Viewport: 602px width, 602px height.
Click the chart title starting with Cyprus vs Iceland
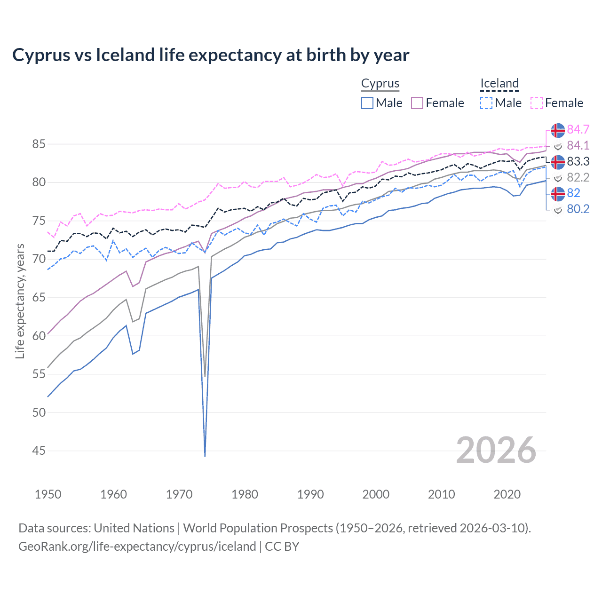(211, 55)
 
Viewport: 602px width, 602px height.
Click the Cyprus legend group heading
(380, 83)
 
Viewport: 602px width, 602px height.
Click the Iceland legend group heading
(499, 83)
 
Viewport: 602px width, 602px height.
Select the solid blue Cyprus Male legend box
(367, 103)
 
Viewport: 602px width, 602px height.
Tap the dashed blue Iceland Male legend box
(487, 103)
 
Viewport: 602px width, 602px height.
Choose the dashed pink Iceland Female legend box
(537, 103)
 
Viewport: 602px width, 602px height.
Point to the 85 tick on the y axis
(39, 144)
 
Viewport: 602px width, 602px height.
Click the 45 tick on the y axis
(39, 451)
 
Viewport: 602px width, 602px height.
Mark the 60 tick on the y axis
(39, 336)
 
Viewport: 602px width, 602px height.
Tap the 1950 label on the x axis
(48, 494)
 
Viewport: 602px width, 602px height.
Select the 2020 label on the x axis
(507, 494)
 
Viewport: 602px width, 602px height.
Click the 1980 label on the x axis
(245, 494)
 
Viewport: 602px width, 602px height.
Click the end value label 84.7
(578, 129)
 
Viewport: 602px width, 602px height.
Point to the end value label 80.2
(578, 209)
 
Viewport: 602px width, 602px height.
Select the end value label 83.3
(578, 161)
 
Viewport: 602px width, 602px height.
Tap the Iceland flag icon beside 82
(558, 193)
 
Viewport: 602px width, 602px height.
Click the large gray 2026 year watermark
(496, 450)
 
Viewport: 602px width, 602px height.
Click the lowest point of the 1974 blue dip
(205, 456)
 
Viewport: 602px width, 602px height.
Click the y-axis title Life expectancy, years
(20, 301)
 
